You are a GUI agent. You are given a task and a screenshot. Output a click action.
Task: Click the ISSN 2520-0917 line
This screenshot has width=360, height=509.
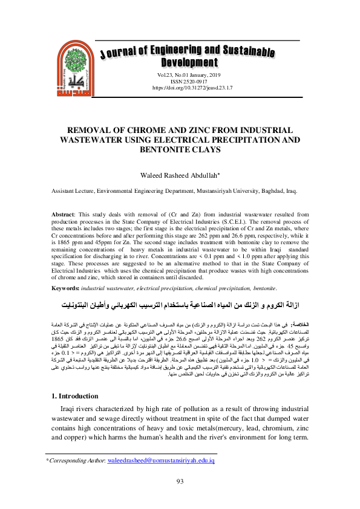click(x=180, y=81)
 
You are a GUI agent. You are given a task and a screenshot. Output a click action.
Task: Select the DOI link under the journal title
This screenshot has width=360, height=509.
click(x=180, y=88)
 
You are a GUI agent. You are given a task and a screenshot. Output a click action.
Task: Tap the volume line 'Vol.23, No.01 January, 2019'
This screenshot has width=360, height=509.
click(x=180, y=74)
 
